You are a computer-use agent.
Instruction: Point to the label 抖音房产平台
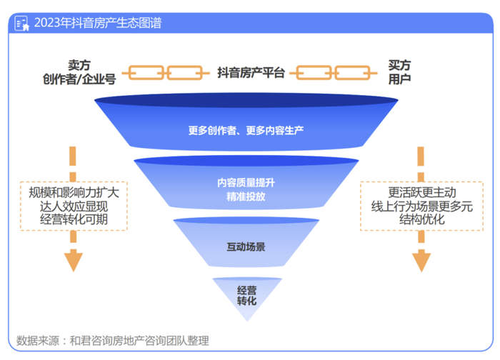click(251, 72)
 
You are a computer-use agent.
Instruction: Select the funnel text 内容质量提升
click(246, 182)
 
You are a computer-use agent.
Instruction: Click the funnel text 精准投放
click(246, 196)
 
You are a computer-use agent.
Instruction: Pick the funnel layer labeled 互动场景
click(246, 247)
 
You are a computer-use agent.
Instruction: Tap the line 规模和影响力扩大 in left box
click(74, 193)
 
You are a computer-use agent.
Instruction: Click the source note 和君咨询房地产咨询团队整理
click(139, 341)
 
